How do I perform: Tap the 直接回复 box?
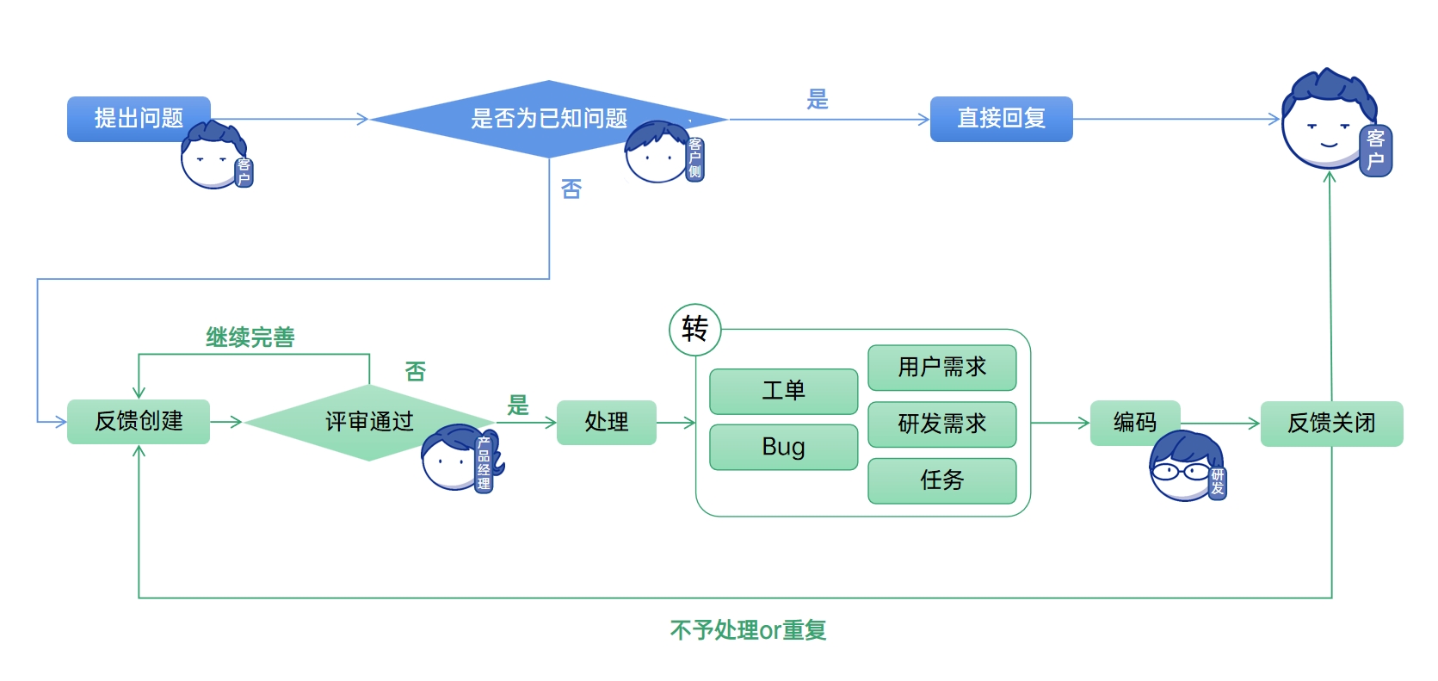click(x=1001, y=119)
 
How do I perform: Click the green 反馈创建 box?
click(x=139, y=421)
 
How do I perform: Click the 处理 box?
click(x=606, y=422)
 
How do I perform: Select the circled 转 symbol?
click(x=694, y=329)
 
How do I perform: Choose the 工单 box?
click(x=783, y=391)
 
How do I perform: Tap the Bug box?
click(x=783, y=447)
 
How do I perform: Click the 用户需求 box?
click(x=941, y=368)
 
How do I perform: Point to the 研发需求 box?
click(x=941, y=424)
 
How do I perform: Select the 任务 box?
click(x=941, y=480)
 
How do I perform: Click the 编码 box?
click(x=1134, y=422)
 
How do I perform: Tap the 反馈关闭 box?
click(x=1331, y=423)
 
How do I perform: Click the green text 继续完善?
click(x=250, y=337)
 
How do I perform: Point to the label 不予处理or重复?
click(x=748, y=630)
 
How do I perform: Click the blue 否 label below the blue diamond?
click(x=571, y=189)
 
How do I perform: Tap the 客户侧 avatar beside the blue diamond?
click(x=659, y=153)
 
